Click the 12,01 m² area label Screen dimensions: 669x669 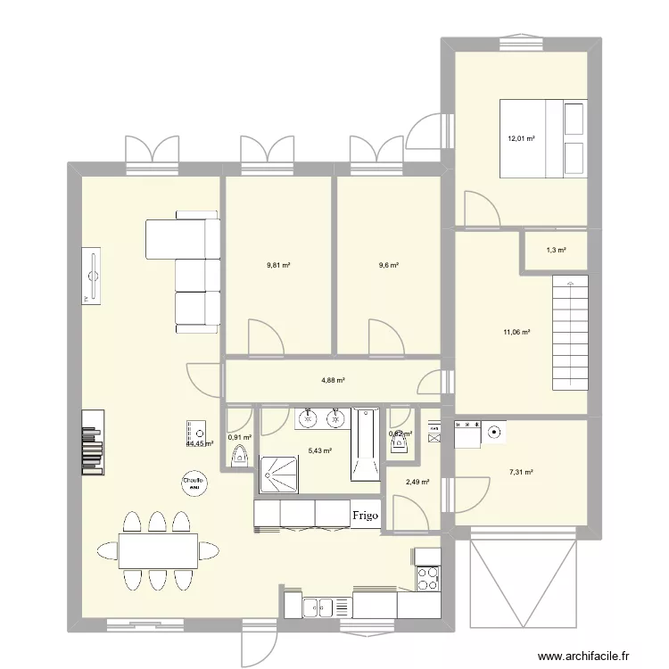point(521,138)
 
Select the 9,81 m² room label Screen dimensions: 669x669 point(279,265)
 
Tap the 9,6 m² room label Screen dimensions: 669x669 point(388,265)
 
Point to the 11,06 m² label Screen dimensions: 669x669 point(516,333)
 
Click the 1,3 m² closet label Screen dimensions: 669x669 point(555,251)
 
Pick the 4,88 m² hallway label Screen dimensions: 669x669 point(333,380)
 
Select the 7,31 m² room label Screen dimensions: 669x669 point(521,473)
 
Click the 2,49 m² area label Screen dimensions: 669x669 point(418,483)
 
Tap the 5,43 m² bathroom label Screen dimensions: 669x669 point(321,451)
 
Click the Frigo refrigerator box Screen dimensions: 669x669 point(364,516)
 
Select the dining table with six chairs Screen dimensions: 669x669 point(159,550)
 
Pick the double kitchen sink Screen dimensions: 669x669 point(318,608)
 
